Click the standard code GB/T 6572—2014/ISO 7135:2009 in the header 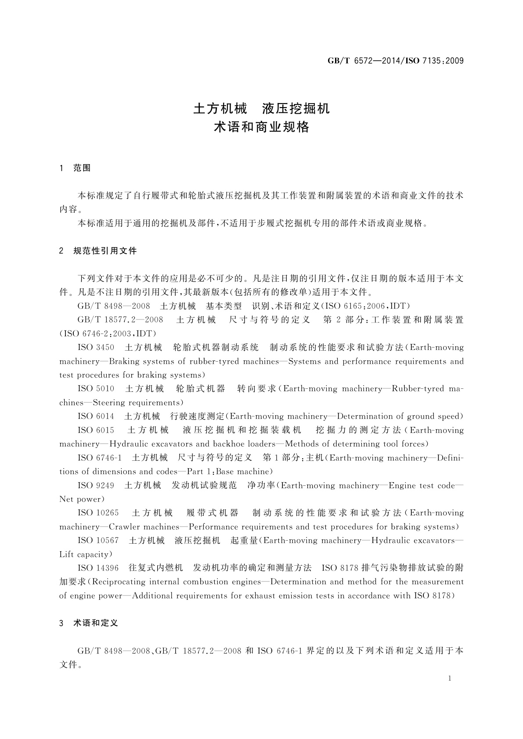tap(396, 61)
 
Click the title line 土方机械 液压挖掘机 tap(261, 108)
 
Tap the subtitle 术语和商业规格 tap(261, 127)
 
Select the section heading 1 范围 tap(75, 168)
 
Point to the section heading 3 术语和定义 tap(89, 623)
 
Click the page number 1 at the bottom tap(450, 678)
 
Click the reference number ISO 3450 tap(96, 348)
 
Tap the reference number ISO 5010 tap(96, 389)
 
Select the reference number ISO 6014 tap(96, 416)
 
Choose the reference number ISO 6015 tap(96, 430)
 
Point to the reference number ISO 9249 tap(96, 486)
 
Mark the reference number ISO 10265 tap(98, 513)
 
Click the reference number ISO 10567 tap(98, 541)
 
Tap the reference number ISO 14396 tap(98, 568)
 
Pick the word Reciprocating tap(119, 582)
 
